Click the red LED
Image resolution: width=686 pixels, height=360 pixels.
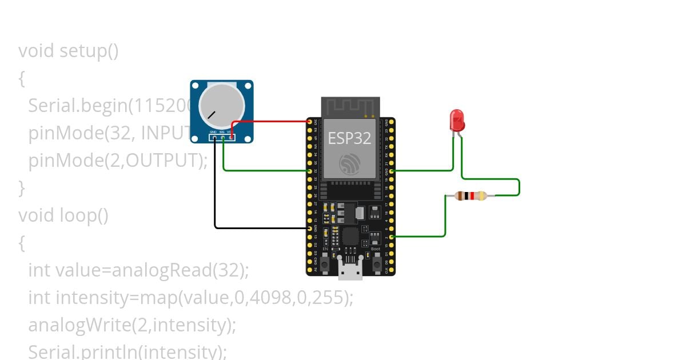pos(457,120)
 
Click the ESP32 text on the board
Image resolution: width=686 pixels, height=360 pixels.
pos(349,138)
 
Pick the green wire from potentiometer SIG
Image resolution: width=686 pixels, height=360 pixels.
pos(263,170)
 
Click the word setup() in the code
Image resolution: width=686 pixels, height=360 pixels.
pos(89,51)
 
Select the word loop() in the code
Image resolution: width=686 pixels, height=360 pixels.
pos(84,215)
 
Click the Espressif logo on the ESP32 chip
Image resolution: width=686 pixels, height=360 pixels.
pos(349,163)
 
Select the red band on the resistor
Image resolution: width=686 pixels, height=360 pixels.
pos(472,196)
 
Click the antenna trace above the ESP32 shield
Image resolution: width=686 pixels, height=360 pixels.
pos(350,106)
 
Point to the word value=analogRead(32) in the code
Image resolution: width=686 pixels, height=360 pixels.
pos(151,270)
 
